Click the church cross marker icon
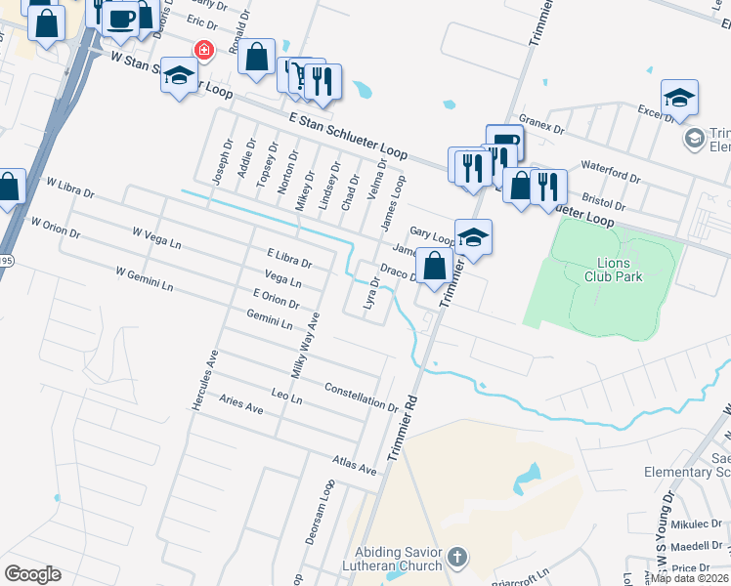[x=457, y=559]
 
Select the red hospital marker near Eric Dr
[x=205, y=50]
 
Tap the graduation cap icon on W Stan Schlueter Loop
[x=180, y=76]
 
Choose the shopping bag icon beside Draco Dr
[x=434, y=264]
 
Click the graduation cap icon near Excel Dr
[x=679, y=98]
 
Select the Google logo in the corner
[x=32, y=574]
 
